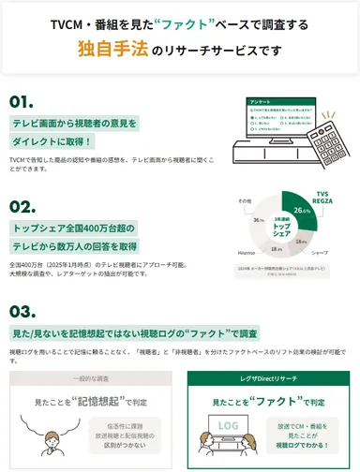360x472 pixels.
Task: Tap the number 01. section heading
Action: tap(22, 101)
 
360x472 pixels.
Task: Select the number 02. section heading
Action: tap(22, 205)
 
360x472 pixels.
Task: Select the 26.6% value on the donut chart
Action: tap(301, 212)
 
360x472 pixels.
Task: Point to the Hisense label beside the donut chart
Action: tap(247, 254)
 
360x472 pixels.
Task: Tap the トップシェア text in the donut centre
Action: tap(279, 229)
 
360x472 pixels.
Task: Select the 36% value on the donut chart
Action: tap(259, 220)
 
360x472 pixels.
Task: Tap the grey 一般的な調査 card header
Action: tap(90, 379)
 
